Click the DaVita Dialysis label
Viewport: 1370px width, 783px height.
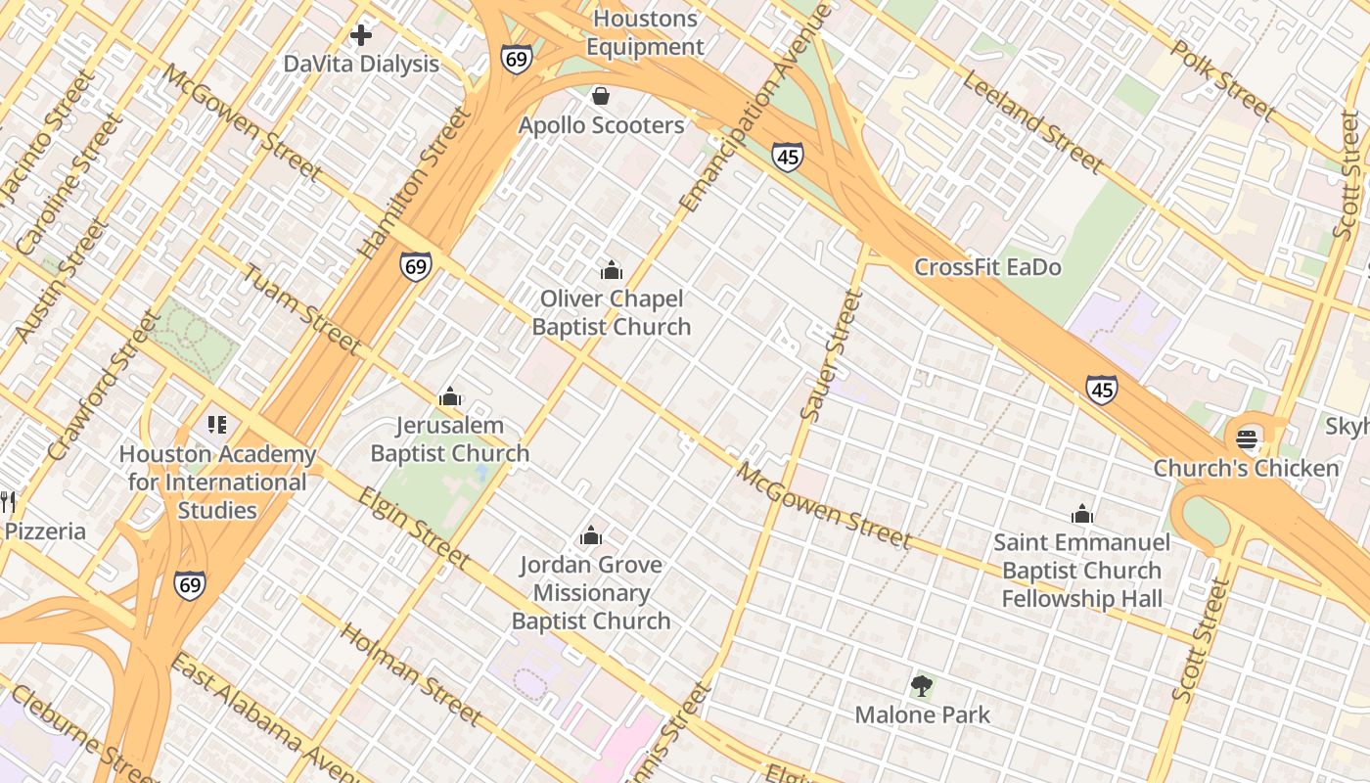pos(361,65)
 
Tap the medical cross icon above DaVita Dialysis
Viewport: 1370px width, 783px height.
pos(361,36)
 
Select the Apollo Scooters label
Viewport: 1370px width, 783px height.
pos(601,125)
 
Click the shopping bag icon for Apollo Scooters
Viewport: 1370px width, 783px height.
pos(601,96)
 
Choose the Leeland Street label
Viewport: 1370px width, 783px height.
pos(1032,121)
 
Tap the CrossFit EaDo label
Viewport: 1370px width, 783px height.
pos(987,267)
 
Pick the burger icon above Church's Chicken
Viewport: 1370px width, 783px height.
pos(1248,438)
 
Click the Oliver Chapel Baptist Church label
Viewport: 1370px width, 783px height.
pos(612,312)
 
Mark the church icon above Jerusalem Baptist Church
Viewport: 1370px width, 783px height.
pos(450,396)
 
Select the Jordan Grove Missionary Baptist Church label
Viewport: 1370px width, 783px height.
pos(591,592)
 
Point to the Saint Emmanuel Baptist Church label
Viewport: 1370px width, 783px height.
pos(1081,570)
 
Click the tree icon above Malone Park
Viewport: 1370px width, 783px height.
pos(922,686)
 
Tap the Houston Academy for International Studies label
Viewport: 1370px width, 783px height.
pos(217,482)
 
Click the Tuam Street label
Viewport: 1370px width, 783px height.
pos(301,308)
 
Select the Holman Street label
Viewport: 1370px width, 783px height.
pos(410,673)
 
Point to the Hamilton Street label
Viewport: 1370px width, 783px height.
pos(415,183)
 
